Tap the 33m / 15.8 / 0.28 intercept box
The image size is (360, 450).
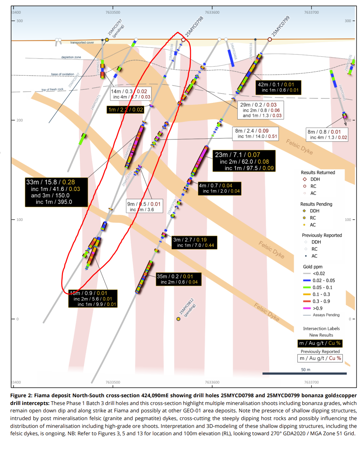point(56,192)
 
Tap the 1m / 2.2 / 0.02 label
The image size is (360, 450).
point(126,109)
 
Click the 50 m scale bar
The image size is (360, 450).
point(304,374)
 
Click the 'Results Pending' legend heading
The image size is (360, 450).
point(317,204)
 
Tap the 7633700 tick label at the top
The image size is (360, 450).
point(312,12)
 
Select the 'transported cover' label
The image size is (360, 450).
point(82,43)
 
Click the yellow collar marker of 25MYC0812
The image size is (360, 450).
point(178,319)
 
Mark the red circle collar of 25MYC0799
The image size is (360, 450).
point(270,39)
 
